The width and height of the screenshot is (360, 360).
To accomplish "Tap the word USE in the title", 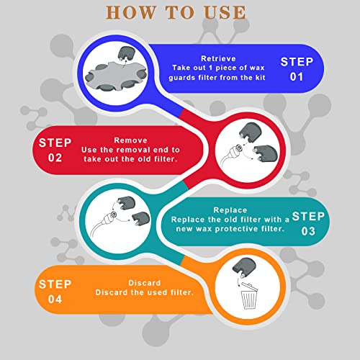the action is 225,12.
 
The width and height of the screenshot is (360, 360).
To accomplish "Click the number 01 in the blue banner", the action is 297,77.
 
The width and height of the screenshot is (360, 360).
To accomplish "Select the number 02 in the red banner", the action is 55,158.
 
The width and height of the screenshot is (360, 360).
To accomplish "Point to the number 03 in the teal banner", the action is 308,231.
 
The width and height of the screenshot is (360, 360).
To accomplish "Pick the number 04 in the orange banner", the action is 55,299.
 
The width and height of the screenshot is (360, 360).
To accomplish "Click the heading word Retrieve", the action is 218,58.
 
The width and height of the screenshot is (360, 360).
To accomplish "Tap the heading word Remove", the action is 130,140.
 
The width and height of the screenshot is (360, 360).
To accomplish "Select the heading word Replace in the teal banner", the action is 230,210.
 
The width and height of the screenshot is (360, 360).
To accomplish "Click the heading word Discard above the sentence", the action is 145,283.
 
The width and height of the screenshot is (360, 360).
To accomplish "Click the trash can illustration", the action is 249,296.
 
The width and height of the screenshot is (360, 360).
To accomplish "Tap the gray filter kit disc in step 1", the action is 116,76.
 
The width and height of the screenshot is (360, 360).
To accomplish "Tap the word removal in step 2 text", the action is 135,150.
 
